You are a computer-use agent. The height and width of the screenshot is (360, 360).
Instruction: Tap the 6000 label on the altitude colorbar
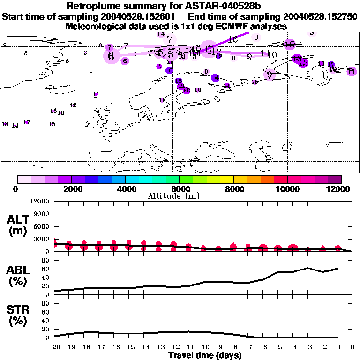(179, 189)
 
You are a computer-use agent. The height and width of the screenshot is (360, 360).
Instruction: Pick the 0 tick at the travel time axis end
(352, 347)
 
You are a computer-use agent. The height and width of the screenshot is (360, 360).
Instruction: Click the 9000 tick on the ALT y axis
(43, 214)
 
